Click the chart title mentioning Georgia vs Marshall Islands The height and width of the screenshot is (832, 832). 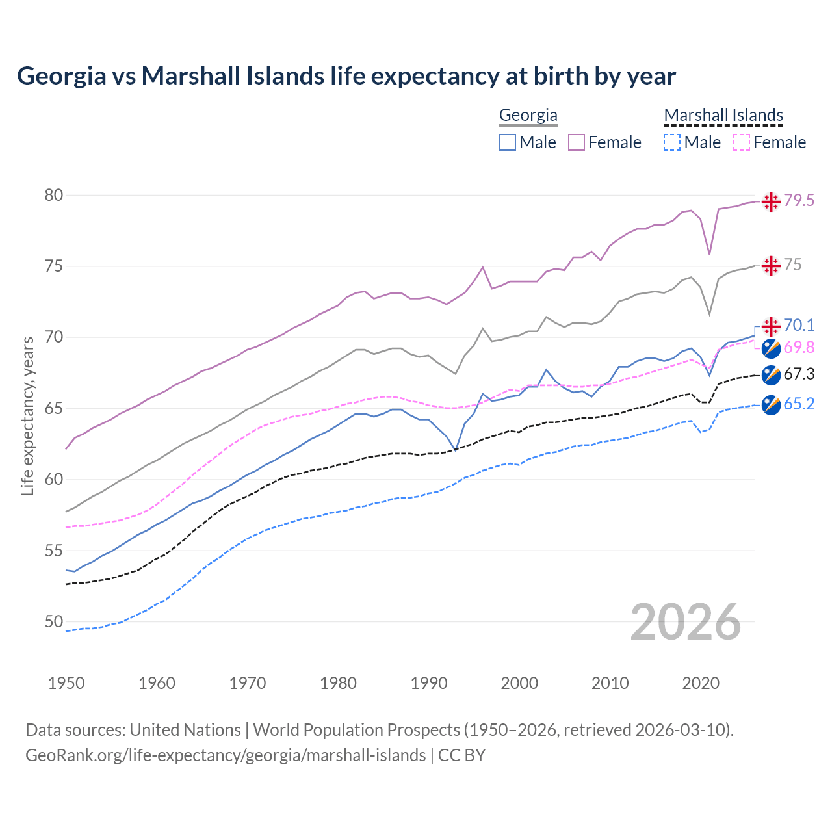[346, 76]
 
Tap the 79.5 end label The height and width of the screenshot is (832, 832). [799, 201]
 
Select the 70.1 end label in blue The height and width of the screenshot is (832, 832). [799, 325]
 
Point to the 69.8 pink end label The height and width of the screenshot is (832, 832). [799, 348]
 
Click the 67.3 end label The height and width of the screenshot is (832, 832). [799, 374]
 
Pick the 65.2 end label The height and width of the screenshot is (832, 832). [799, 404]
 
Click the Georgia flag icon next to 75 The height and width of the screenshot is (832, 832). [771, 265]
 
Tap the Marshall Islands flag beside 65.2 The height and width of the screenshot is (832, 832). [771, 404]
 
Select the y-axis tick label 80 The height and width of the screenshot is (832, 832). [54, 196]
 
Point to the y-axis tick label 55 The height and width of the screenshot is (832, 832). [54, 551]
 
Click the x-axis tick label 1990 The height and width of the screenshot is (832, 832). [429, 683]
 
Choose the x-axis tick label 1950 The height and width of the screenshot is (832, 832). [66, 683]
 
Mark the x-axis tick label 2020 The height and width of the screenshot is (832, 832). [701, 683]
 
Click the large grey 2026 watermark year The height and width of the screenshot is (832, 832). [686, 622]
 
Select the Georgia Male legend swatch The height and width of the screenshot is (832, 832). [508, 142]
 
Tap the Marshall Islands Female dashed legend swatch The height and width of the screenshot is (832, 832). [742, 142]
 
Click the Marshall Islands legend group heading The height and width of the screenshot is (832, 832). [723, 116]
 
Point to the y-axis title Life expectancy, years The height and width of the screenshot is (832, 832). [27, 416]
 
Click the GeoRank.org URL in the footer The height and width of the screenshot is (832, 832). [226, 755]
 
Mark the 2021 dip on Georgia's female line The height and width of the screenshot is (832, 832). [710, 253]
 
